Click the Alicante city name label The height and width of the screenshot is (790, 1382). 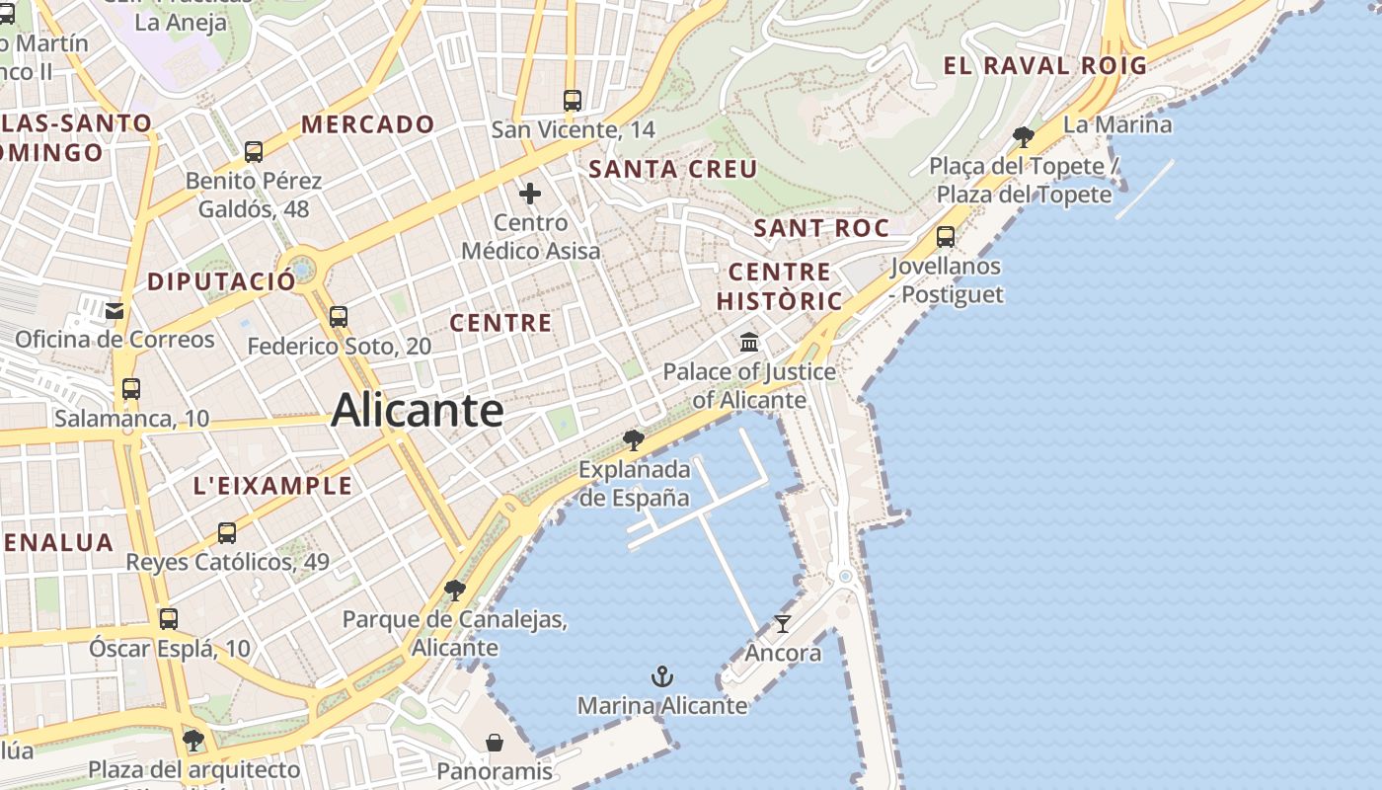click(x=418, y=410)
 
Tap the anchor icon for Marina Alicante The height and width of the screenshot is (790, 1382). click(x=662, y=676)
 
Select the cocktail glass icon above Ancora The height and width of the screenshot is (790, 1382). click(x=783, y=623)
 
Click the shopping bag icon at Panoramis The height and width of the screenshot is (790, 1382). click(x=494, y=742)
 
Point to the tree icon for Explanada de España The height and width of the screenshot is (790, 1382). click(x=634, y=439)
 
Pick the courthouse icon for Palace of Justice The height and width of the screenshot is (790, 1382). click(x=749, y=343)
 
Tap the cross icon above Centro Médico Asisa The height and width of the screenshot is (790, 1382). click(x=530, y=193)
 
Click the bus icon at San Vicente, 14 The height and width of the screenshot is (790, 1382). click(x=573, y=100)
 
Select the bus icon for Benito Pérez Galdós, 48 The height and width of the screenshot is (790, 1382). click(x=254, y=151)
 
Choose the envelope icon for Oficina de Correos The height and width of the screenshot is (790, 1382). click(x=115, y=311)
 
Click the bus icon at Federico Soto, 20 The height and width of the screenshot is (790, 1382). click(x=339, y=316)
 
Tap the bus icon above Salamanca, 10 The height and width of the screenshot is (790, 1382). click(x=131, y=389)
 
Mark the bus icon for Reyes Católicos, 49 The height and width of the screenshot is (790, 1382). click(x=227, y=533)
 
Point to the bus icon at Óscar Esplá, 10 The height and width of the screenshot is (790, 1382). click(x=169, y=619)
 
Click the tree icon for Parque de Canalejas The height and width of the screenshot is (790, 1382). click(x=454, y=591)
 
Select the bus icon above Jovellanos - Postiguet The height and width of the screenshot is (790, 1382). click(x=946, y=237)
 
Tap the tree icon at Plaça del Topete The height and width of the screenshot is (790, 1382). click(x=1024, y=136)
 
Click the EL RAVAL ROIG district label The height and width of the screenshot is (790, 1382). click(x=1044, y=66)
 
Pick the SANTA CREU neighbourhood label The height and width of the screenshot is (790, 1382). click(x=672, y=169)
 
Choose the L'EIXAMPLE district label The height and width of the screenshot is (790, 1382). click(x=272, y=486)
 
